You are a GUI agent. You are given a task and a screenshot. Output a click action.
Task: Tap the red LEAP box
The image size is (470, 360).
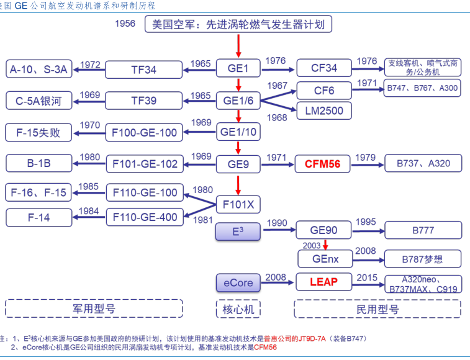click(x=323, y=282)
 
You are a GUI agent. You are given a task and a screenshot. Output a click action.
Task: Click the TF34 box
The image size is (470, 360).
click(x=143, y=70)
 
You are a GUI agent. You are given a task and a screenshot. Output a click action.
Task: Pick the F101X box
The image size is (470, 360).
click(x=238, y=204)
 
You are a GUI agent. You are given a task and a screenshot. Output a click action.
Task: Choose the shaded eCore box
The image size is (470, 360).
click(x=238, y=282)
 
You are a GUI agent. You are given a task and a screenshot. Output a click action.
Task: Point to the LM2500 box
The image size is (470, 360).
click(x=324, y=110)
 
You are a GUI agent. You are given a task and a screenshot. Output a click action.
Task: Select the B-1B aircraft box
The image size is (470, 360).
click(x=38, y=164)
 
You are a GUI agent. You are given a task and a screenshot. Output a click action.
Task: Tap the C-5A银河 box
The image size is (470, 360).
click(x=38, y=100)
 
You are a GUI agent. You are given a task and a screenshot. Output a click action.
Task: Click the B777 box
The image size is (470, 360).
click(x=423, y=231)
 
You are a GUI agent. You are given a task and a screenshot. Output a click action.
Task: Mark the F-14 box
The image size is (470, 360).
click(x=38, y=217)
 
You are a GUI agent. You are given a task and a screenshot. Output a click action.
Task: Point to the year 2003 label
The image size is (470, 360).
click(x=310, y=246)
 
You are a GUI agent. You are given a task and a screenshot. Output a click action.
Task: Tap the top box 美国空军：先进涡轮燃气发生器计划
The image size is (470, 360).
click(x=238, y=25)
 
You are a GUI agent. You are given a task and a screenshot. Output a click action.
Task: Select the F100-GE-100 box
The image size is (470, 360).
click(x=143, y=132)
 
